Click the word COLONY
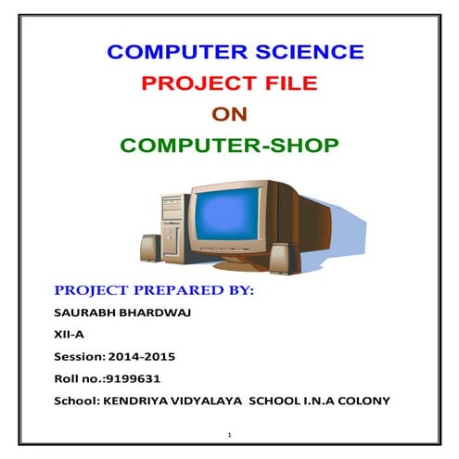click(366, 401)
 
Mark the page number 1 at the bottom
click(228, 434)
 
